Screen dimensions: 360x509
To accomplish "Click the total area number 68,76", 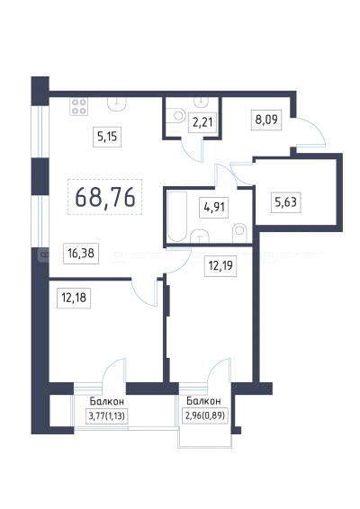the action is [105, 197].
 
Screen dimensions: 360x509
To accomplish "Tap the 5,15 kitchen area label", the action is [107, 137].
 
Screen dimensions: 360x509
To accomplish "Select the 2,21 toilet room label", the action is [202, 122].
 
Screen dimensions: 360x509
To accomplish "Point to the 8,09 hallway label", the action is [266, 120].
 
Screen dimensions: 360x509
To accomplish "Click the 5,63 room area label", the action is [285, 202].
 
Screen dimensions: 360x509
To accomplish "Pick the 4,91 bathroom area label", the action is [214, 208].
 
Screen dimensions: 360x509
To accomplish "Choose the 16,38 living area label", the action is [81, 254].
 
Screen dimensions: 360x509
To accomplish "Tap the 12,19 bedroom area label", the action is [220, 266].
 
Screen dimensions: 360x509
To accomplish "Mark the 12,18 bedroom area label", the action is [74, 298].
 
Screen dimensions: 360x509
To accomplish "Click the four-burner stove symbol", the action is [79, 106].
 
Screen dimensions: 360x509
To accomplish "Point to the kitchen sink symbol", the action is [117, 104].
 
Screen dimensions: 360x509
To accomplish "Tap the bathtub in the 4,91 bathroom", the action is [177, 217].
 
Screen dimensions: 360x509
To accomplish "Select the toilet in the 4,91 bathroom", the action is [239, 232].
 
